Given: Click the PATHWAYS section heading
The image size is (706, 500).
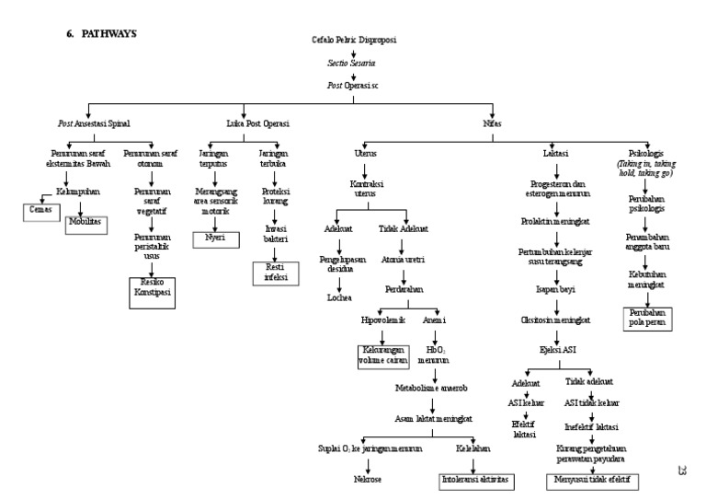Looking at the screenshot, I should pos(104,33).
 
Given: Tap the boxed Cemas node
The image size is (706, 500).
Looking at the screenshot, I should pos(40,212).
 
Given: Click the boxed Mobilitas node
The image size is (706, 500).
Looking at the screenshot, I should pos(87,223).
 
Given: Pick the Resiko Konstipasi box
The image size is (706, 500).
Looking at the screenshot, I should pos(149,286).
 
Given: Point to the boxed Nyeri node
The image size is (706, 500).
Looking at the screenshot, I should pos(215,238).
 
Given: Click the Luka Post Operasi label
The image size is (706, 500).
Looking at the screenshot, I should pos(257,123).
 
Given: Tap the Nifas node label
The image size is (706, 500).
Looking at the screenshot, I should pos(492,123).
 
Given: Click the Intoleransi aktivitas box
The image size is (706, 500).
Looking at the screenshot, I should pos(475,480).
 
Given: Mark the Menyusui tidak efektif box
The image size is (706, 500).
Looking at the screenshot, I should pos(593,480).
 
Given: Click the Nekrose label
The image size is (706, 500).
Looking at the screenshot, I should pos(367,480).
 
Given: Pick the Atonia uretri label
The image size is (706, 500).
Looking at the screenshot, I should pos(402,261).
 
